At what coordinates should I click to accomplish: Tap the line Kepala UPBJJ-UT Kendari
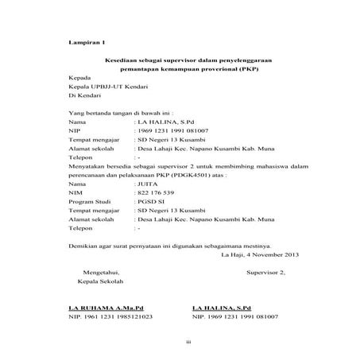pyautogui.click(x=99, y=89)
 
